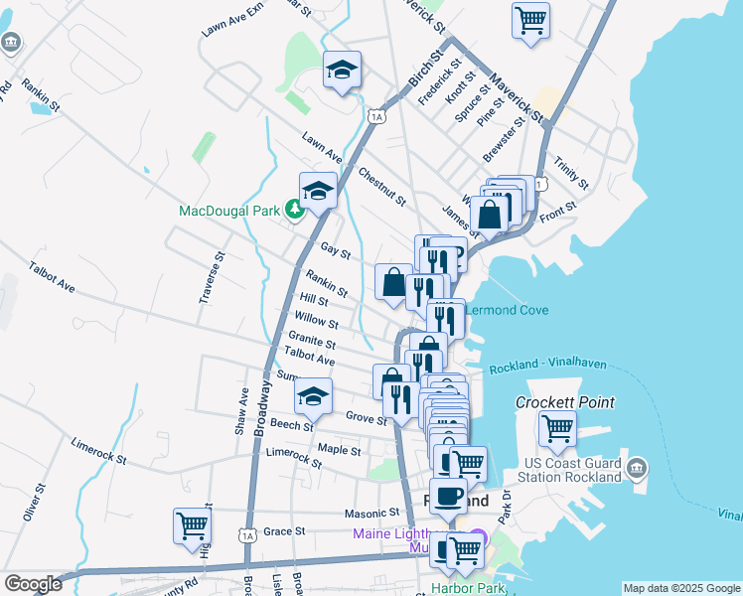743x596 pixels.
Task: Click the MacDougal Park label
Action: point(229,211)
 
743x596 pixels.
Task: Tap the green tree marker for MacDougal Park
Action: point(294,210)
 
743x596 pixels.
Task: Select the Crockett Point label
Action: point(564,402)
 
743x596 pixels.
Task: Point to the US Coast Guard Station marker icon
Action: point(637,467)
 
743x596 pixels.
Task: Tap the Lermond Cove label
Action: point(508,310)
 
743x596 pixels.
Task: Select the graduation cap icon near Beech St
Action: point(314,396)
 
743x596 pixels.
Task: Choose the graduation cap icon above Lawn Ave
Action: point(341,71)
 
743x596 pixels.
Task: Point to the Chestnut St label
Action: point(382,186)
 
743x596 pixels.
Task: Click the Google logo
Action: point(33,584)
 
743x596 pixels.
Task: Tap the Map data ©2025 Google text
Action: point(680,588)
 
